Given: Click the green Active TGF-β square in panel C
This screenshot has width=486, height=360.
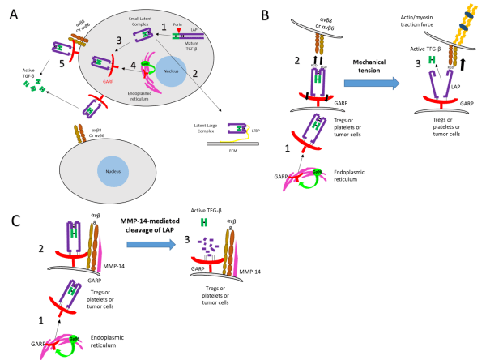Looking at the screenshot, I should click(203, 221).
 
